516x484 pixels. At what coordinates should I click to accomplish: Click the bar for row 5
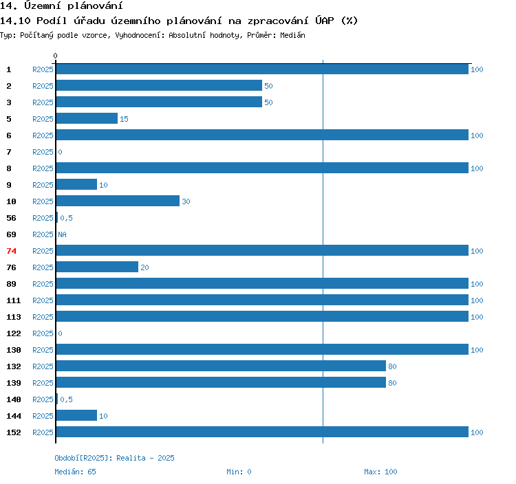pyautogui.click(x=87, y=118)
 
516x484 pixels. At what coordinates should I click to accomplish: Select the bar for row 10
pyautogui.click(x=118, y=201)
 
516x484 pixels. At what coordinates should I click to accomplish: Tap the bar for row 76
pyautogui.click(x=97, y=267)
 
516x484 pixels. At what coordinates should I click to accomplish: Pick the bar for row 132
pyautogui.click(x=221, y=366)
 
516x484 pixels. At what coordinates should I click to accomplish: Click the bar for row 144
pyautogui.click(x=76, y=415)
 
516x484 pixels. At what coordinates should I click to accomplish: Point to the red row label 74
pyautogui.click(x=11, y=251)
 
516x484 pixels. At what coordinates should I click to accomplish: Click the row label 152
pyautogui.click(x=14, y=432)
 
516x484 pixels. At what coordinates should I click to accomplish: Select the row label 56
pyautogui.click(x=11, y=218)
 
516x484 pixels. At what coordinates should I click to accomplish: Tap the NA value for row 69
pyautogui.click(x=62, y=234)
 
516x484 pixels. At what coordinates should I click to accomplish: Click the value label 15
pyautogui.click(x=124, y=119)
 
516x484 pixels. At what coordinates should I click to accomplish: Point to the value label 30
pyautogui.click(x=186, y=201)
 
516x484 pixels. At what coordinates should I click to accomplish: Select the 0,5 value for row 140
pyautogui.click(x=66, y=399)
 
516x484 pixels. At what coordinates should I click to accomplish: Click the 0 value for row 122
pyautogui.click(x=61, y=333)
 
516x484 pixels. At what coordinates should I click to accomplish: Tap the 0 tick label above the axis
pyautogui.click(x=55, y=56)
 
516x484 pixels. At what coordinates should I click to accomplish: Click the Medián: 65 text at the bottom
pyautogui.click(x=76, y=472)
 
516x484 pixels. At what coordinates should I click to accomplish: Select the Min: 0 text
pyautogui.click(x=239, y=472)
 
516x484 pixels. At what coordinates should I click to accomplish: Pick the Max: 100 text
pyautogui.click(x=380, y=472)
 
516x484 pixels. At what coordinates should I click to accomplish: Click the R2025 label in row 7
pyautogui.click(x=43, y=152)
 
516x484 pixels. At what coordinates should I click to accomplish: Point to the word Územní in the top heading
pyautogui.click(x=43, y=5)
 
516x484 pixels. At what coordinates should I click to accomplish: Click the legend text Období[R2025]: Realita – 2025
pyautogui.click(x=114, y=458)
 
